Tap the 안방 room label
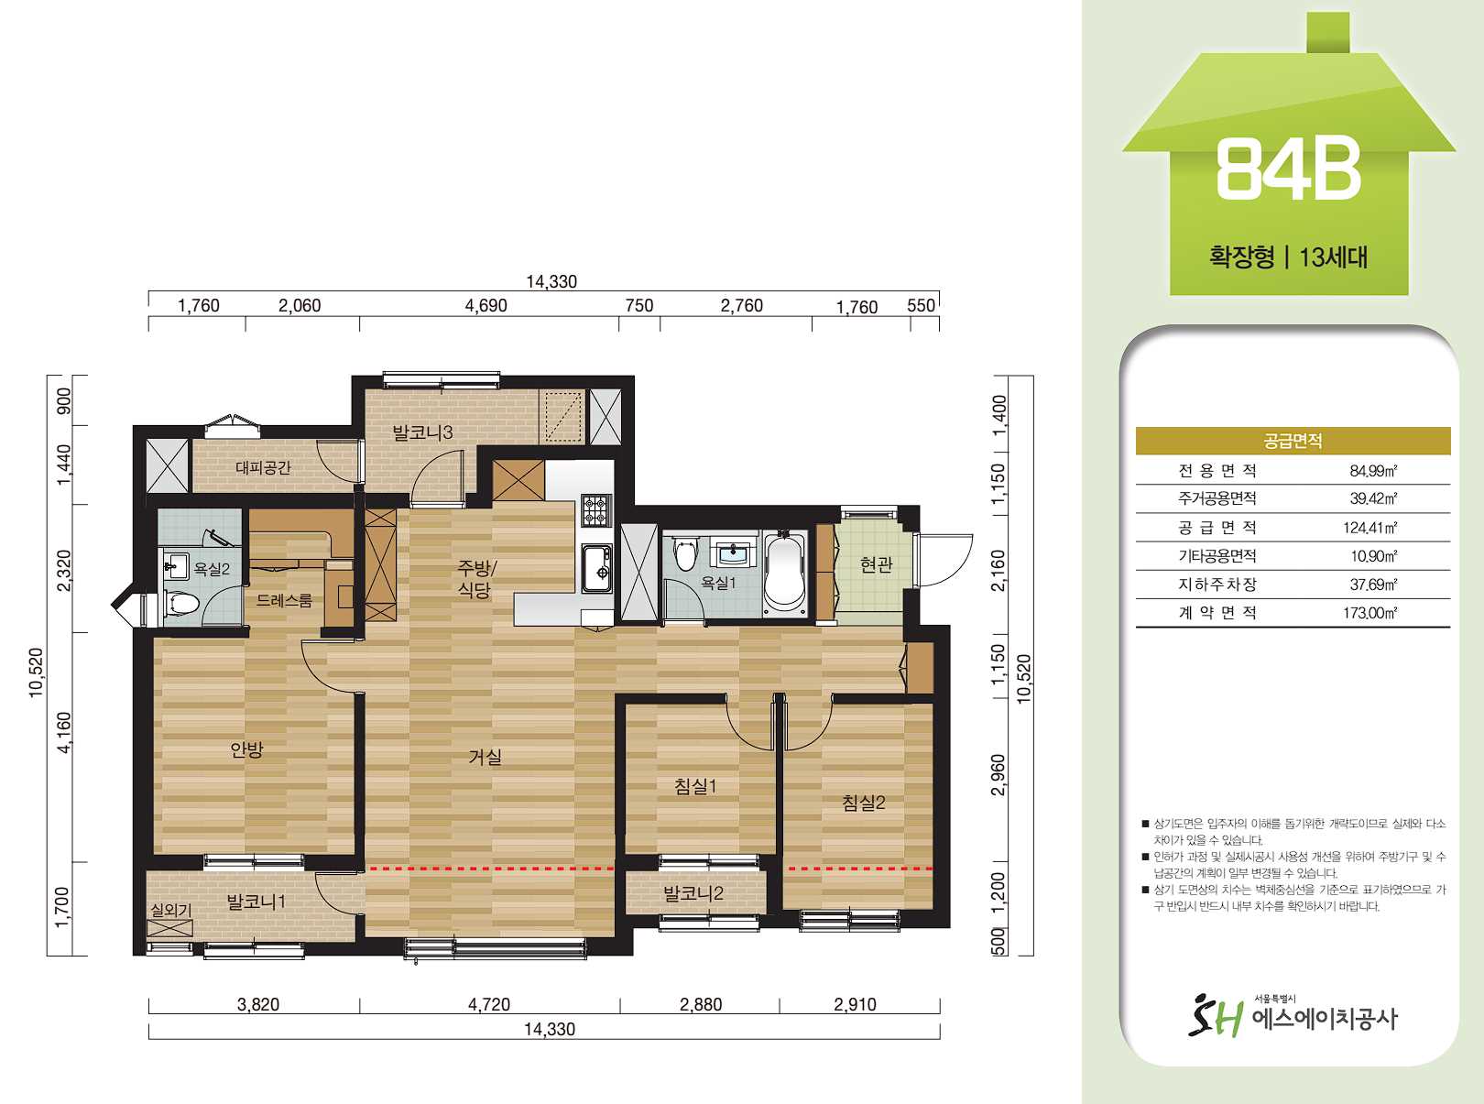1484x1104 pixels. (247, 750)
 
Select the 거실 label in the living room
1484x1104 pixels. (486, 757)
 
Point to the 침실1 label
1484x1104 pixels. (695, 786)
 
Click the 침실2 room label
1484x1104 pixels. (863, 803)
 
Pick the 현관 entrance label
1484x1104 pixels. (876, 564)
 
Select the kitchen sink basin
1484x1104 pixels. (596, 569)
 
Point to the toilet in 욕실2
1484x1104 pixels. (181, 603)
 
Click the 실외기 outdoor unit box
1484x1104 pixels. (169, 928)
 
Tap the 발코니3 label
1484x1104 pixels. (423, 432)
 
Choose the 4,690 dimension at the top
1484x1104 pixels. (486, 306)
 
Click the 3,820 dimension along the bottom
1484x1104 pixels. (257, 1004)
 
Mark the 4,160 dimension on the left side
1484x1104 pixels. (64, 733)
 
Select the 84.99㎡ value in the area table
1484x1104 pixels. (1373, 470)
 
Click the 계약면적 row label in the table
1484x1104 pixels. (1217, 612)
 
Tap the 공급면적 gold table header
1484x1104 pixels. (1293, 441)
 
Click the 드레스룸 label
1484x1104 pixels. (284, 600)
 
